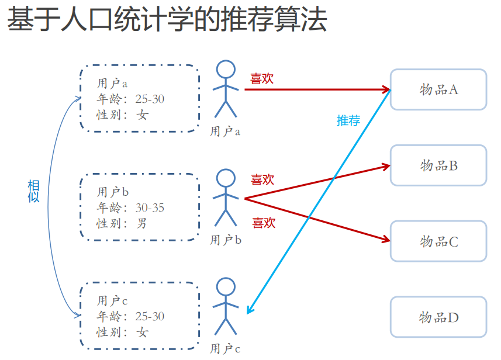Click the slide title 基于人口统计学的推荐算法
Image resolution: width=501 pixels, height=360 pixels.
tap(167, 20)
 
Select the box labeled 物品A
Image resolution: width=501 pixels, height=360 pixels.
tap(438, 89)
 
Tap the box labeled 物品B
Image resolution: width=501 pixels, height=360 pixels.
tap(438, 165)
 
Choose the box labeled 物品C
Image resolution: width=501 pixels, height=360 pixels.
tap(438, 241)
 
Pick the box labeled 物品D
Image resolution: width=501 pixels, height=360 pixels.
tap(438, 317)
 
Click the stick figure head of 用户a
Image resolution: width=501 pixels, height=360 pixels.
tap(226, 70)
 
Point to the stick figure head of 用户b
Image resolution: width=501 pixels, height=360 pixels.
tap(226, 178)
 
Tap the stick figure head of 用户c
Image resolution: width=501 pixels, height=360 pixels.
tap(226, 286)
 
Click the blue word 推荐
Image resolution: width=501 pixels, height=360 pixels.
tap(348, 120)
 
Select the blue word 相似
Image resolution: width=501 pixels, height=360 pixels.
tap(34, 191)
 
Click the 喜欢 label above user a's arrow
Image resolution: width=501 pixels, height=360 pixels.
tap(262, 78)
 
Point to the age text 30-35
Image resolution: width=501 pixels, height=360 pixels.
tap(150, 207)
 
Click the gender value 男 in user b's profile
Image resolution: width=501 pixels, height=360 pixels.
tap(142, 223)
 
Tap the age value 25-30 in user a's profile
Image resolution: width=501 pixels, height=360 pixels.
tap(150, 99)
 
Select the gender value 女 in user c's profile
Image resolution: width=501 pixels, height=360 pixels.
tap(143, 332)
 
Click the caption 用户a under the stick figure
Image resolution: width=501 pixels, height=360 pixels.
tap(225, 131)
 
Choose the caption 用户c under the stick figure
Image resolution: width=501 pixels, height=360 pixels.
tap(225, 349)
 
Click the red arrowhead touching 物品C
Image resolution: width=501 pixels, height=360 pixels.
tap(386, 239)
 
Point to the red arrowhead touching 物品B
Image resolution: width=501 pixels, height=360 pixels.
tap(386, 166)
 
